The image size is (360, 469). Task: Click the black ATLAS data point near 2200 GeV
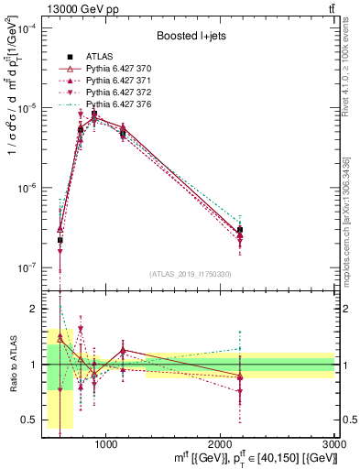tap(239, 230)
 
